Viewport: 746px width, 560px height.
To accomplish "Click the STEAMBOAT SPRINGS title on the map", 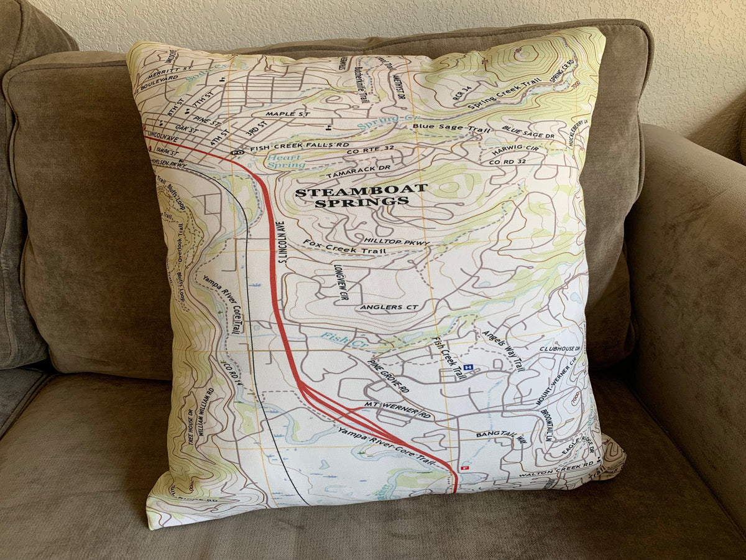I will (x=361, y=195).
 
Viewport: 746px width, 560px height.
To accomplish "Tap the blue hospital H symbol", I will (x=468, y=367).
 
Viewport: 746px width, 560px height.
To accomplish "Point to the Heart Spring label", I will (x=286, y=162).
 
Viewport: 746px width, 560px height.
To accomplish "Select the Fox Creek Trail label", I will (x=344, y=247).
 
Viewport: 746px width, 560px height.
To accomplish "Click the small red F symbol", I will (x=463, y=467).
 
